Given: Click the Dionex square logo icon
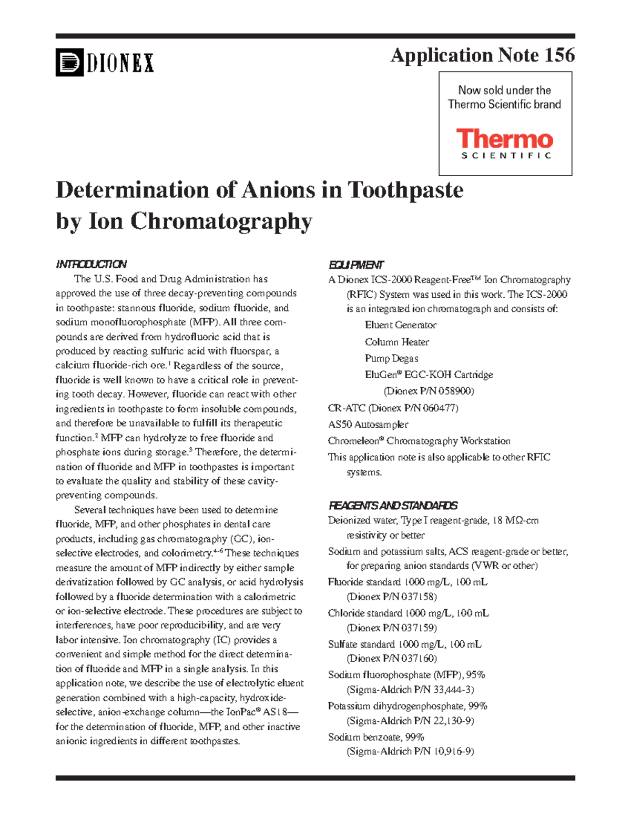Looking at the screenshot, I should click(69, 63).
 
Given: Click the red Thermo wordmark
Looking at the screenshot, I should click(504, 139).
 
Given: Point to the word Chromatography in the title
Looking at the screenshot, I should click(221, 221).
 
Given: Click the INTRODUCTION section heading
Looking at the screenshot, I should click(91, 264).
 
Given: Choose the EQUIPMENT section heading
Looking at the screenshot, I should click(356, 265).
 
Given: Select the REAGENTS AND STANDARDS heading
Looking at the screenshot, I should click(393, 506).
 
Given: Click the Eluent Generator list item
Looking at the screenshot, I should click(400, 325).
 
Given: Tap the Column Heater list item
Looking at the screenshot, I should click(396, 342).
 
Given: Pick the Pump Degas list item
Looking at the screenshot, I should click(391, 358).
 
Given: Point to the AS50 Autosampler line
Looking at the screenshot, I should click(368, 425).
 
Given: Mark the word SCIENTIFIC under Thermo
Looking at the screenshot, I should click(506, 156).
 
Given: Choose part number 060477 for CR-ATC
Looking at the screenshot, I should click(439, 408).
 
